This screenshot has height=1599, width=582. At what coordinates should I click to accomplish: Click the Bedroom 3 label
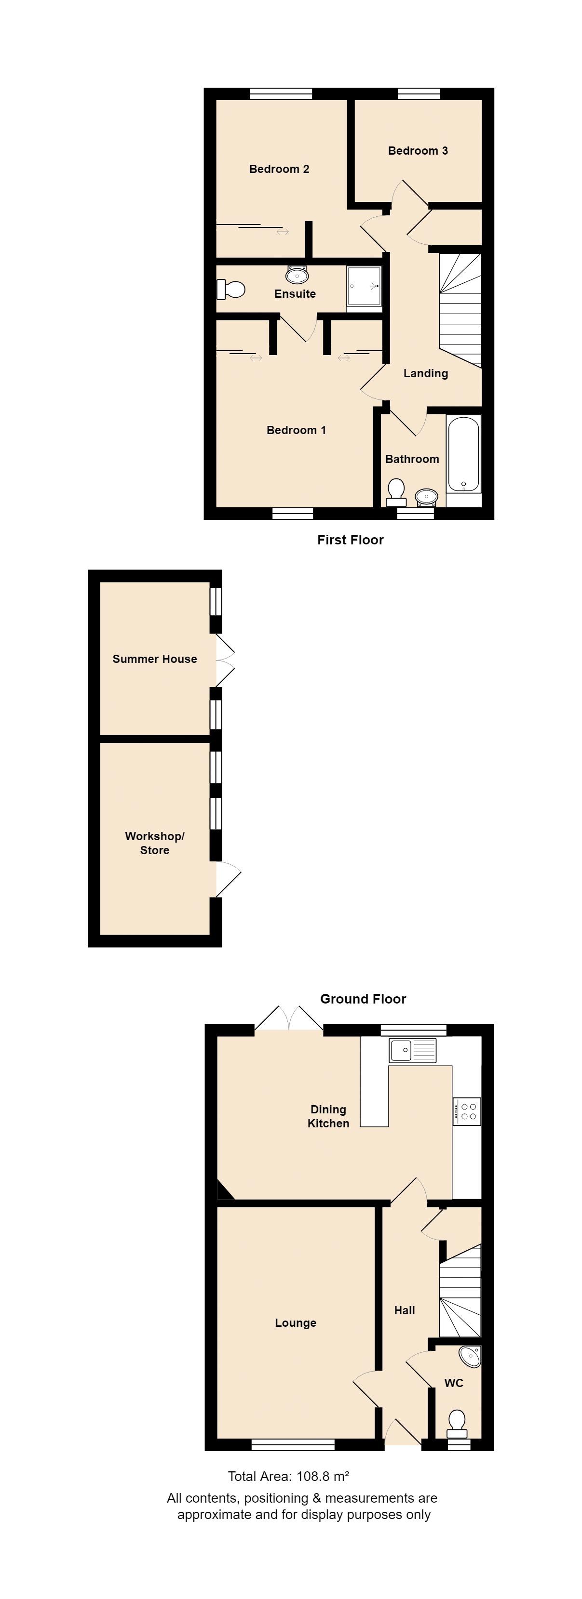418,151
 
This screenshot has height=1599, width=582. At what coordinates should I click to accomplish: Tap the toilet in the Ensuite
230,289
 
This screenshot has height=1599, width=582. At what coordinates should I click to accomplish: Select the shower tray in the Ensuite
364,286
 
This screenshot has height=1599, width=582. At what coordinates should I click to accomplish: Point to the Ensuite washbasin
297,274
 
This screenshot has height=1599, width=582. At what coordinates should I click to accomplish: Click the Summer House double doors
225,661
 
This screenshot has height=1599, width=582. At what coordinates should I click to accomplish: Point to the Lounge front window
293,1445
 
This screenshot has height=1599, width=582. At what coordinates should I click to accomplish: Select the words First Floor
351,540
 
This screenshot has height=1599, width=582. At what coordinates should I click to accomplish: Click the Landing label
425,373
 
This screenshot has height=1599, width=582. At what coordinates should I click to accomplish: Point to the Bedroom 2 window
281,94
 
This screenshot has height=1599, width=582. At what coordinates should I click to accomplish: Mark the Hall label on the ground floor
405,1310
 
